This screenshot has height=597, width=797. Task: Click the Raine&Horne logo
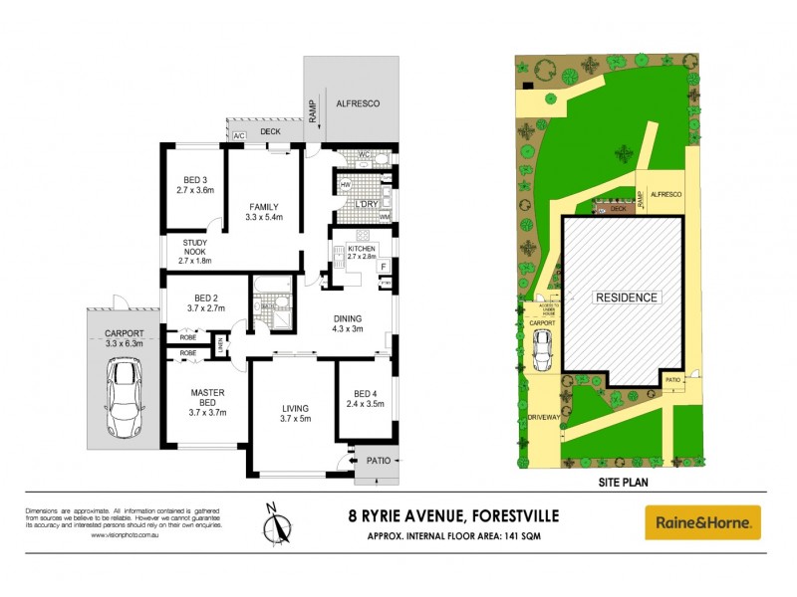pos(702,522)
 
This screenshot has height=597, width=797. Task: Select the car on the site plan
pos(544,348)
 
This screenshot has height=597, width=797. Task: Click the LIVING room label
pos(294,408)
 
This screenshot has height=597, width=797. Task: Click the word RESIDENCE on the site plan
pos(626,298)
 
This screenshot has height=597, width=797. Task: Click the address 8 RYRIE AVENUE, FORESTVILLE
pos(447,514)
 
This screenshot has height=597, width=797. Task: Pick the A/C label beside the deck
pos(239,134)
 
